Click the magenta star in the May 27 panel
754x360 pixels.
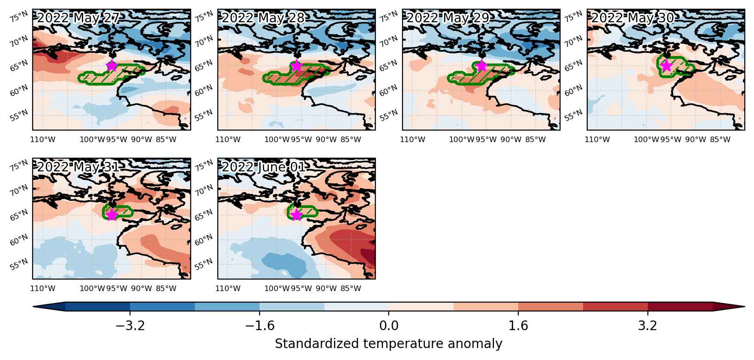(x=112, y=66)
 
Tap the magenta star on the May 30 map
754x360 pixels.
(x=666, y=66)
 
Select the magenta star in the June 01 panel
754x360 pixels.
(x=296, y=215)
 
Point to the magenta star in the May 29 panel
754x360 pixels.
(x=482, y=66)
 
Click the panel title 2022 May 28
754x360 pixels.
(x=263, y=18)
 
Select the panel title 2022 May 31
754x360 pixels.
(x=78, y=167)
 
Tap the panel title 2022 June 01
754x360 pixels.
(x=264, y=167)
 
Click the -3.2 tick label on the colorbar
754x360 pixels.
(x=130, y=326)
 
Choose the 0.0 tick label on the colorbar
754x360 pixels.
(x=389, y=326)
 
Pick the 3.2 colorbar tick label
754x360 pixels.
(x=648, y=326)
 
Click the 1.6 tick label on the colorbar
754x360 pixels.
(x=518, y=326)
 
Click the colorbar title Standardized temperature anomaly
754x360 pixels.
(x=388, y=344)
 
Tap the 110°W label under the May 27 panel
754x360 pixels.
(x=43, y=139)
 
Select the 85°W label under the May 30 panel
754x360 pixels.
(x=720, y=139)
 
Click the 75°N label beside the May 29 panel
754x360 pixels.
(x=389, y=17)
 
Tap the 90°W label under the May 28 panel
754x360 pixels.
(x=326, y=139)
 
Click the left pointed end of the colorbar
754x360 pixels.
(x=33, y=307)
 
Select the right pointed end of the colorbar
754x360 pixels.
(x=744, y=307)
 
